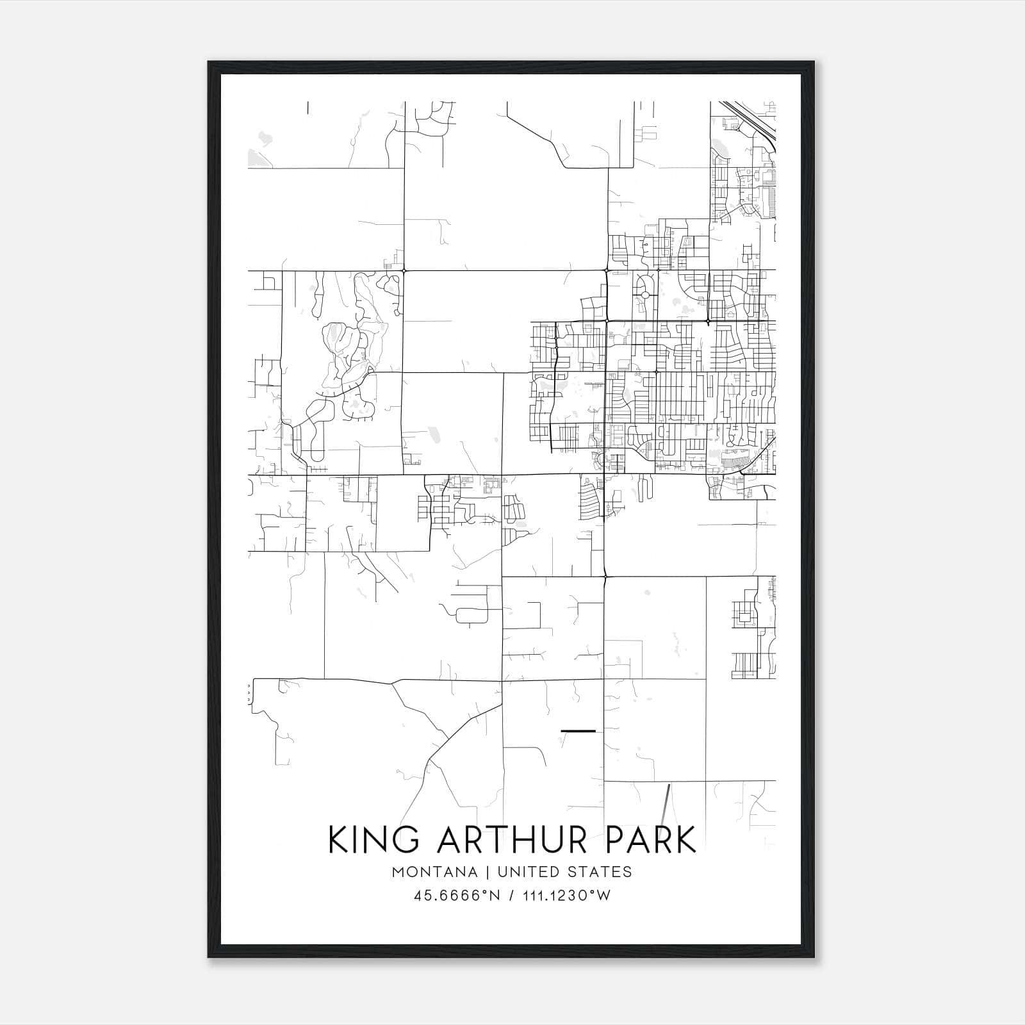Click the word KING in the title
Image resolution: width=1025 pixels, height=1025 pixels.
click(366, 840)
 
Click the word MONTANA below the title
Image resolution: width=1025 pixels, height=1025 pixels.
click(435, 872)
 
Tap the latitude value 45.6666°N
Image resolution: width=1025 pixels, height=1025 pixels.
click(456, 896)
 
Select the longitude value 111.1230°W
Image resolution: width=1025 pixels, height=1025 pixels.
click(566, 896)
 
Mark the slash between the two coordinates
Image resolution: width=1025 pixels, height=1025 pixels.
click(511, 896)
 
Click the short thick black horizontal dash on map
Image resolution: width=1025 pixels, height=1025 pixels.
click(578, 730)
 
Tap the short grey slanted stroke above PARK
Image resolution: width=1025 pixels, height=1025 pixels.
click(668, 804)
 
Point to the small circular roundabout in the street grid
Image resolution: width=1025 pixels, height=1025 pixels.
click(645, 295)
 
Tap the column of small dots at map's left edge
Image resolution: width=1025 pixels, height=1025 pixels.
click(249, 693)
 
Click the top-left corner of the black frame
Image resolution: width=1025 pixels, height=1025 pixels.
click(209, 62)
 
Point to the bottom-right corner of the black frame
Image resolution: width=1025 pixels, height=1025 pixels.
click(814, 957)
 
